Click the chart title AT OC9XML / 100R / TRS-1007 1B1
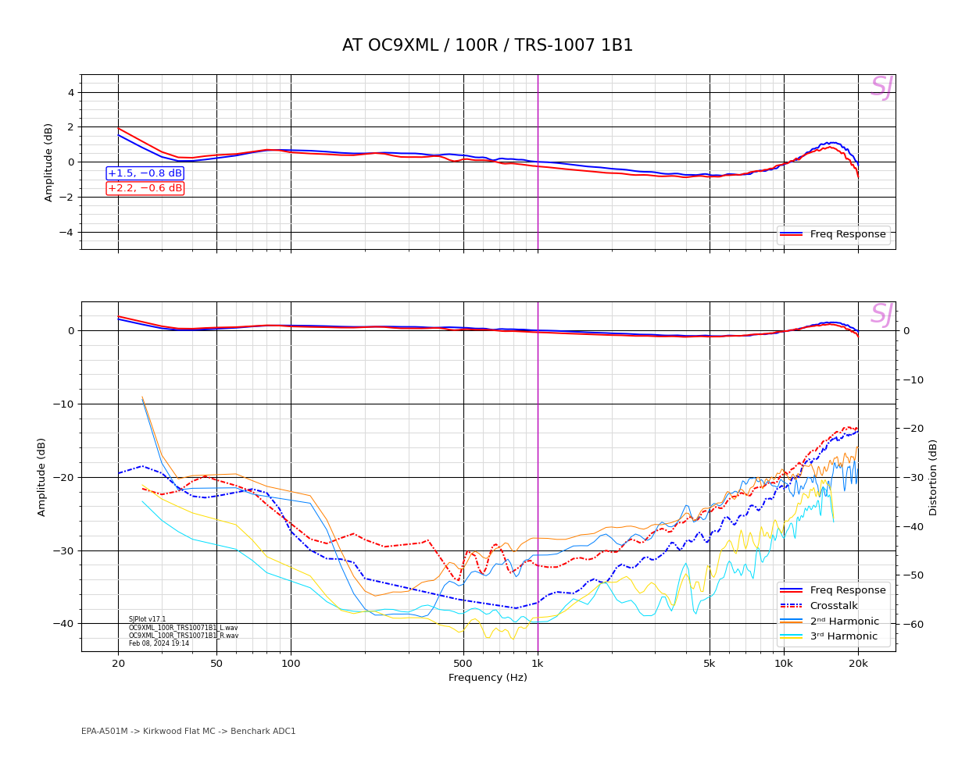point(488,45)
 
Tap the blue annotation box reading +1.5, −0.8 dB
point(145,173)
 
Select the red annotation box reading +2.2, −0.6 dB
point(145,188)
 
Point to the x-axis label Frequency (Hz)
point(488,678)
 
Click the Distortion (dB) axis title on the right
point(933,477)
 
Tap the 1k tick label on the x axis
point(537,664)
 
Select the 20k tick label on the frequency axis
point(858,664)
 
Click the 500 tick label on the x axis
point(463,664)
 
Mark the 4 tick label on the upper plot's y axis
point(70,92)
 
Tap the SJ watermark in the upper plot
point(881,87)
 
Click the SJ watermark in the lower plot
point(881,315)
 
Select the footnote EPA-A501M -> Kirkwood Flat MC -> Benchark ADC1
point(188,732)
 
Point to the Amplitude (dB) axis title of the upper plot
point(48,162)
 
